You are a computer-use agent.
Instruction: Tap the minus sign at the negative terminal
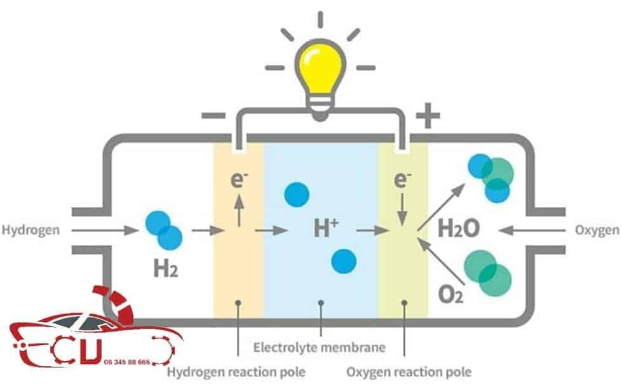(x=213, y=116)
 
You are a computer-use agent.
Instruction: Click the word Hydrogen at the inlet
(x=30, y=230)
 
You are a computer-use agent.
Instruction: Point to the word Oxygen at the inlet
(x=596, y=230)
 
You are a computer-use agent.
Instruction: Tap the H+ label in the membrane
(x=322, y=228)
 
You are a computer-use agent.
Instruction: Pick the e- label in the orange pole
(x=239, y=180)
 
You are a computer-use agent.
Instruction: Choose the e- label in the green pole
(x=401, y=180)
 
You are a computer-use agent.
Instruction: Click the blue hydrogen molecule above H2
(x=163, y=230)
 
